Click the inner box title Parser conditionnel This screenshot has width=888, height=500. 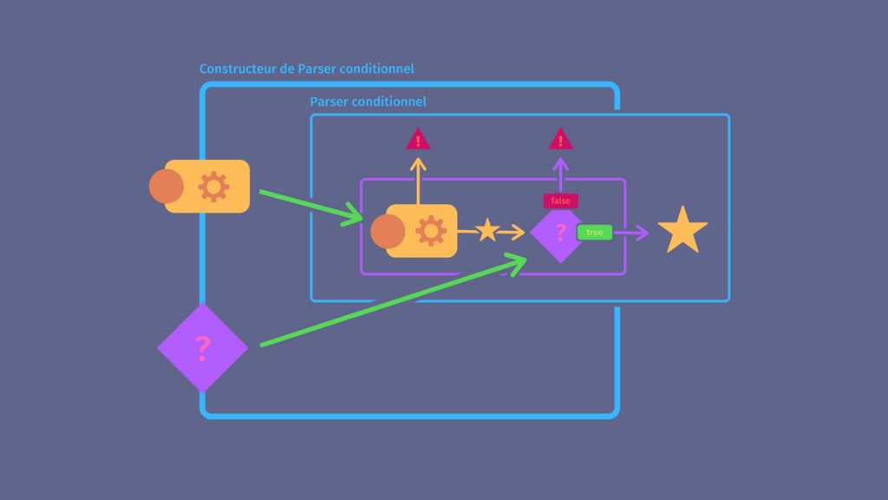click(368, 102)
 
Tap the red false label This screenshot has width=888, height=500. click(560, 201)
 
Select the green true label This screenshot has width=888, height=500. click(595, 233)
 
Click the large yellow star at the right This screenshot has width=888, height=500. click(682, 231)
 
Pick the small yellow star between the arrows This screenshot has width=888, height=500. click(487, 231)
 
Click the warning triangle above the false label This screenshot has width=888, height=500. click(560, 140)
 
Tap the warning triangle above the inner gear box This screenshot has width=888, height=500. click(418, 140)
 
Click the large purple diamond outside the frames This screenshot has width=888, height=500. click(202, 348)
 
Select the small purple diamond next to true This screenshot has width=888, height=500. click(556, 233)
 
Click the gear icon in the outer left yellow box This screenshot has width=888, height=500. click(214, 187)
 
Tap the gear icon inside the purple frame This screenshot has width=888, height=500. click(431, 231)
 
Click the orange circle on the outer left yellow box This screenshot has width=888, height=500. click(166, 187)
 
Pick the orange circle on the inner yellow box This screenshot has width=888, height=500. click(388, 232)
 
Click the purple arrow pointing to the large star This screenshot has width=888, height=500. click(631, 233)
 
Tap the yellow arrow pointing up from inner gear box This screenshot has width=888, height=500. click(418, 180)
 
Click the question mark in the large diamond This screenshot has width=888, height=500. click(203, 348)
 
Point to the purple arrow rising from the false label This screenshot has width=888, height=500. click(560, 176)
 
